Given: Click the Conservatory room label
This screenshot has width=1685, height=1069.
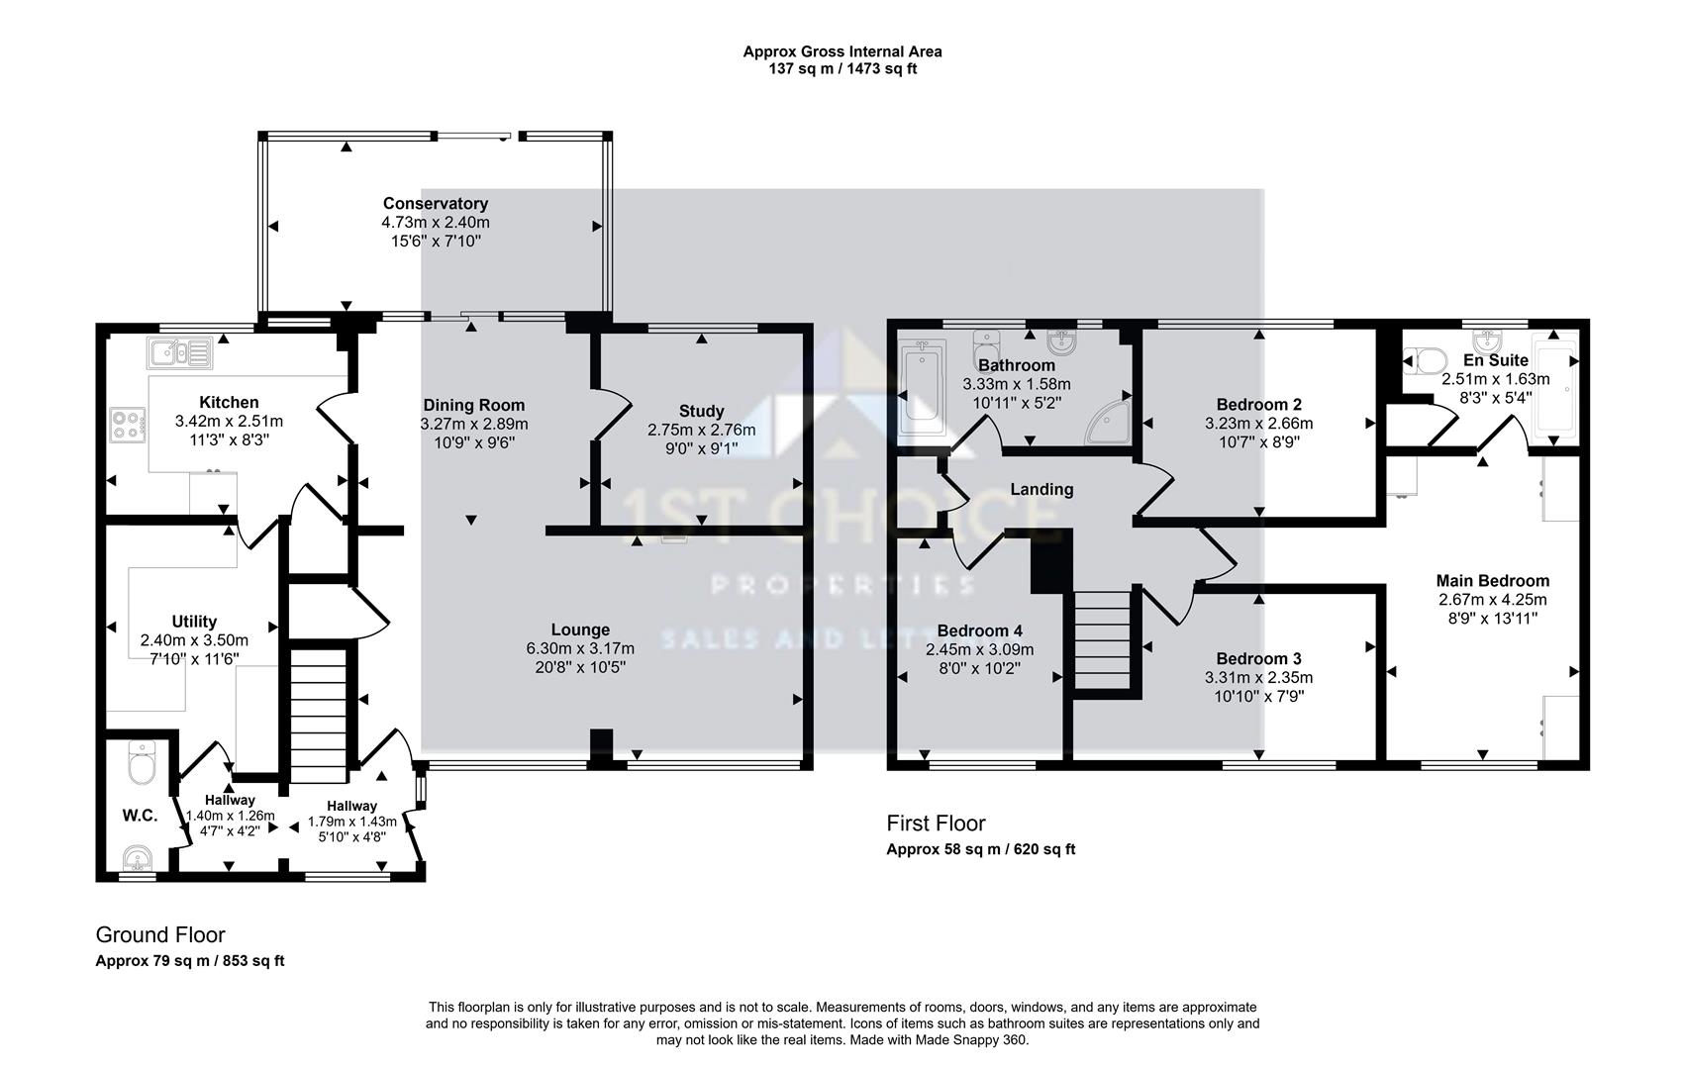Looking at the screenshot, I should click(436, 203).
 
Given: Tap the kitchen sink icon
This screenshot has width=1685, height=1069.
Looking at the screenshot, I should click(179, 352).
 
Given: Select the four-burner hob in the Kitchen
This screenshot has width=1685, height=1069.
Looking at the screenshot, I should click(126, 426).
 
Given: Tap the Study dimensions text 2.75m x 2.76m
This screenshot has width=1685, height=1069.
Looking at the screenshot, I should click(701, 430).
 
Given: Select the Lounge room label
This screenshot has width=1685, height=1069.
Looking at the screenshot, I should click(580, 630).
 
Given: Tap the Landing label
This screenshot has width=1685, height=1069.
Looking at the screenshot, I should click(1041, 489).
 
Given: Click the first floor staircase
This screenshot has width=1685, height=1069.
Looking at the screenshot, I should click(1102, 640).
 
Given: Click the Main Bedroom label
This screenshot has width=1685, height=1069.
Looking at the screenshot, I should click(1493, 581).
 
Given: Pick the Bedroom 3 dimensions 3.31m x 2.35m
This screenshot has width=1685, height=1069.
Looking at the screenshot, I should click(1258, 678).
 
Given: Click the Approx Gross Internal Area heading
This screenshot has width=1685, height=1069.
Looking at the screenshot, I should click(842, 51).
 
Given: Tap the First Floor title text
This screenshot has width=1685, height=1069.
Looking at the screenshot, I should click(936, 823).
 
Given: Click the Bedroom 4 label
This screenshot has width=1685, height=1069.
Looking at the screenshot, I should click(979, 631).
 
